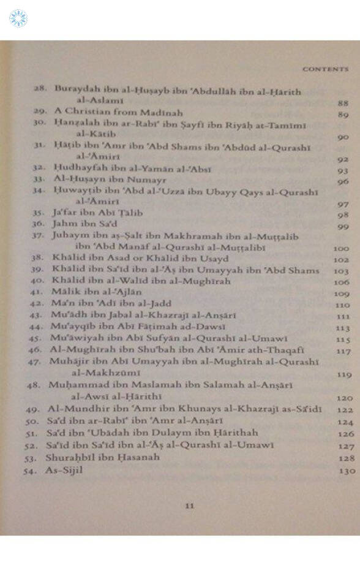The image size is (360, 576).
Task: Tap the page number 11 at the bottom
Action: pyautogui.click(x=189, y=506)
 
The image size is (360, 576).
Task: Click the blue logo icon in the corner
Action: pyautogui.click(x=18, y=18)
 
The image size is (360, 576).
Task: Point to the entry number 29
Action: pyautogui.click(x=41, y=113)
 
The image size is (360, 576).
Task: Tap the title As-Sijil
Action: pyautogui.click(x=64, y=470)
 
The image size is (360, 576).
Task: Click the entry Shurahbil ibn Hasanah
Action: pyautogui.click(x=102, y=458)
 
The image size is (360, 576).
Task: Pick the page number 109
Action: pyautogui.click(x=343, y=294)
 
